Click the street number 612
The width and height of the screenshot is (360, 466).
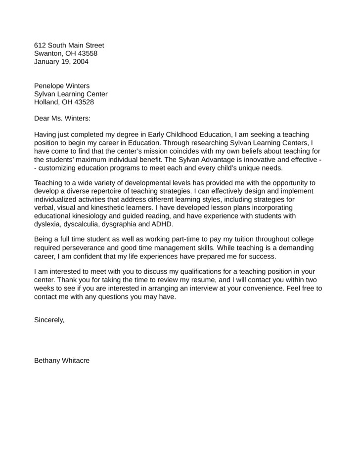[40, 45]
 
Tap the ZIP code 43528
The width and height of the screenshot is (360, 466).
[84, 102]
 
